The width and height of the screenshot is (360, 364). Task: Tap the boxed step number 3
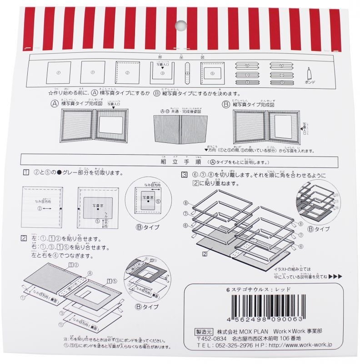pyautogui.click(x=184, y=175)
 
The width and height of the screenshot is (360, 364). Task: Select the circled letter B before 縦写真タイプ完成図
pyautogui.click(x=225, y=104)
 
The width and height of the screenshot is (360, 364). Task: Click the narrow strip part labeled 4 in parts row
pyautogui.click(x=187, y=71)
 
